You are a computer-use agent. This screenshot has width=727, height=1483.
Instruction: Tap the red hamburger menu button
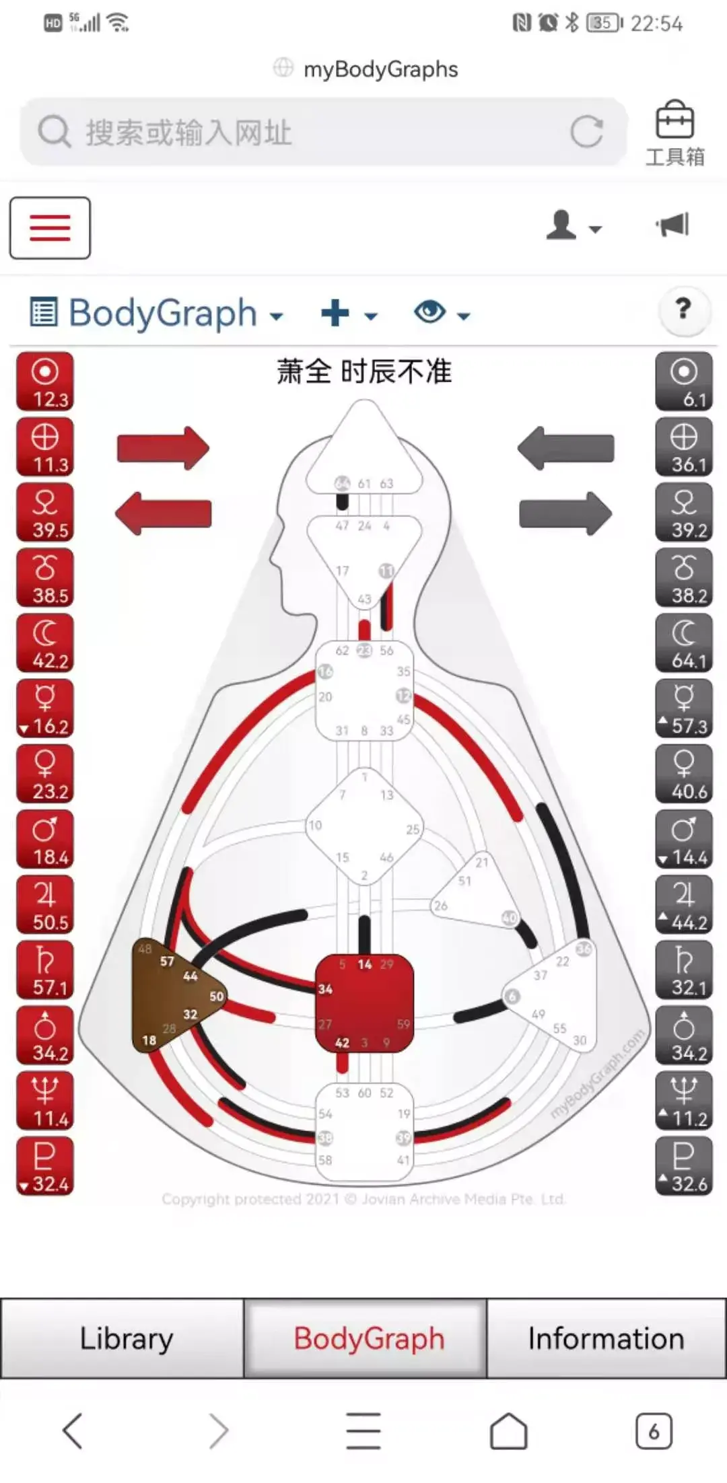pos(50,227)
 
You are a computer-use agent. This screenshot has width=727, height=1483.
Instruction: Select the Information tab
pos(606,1338)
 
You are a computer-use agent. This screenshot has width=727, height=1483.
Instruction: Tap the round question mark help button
pos(683,310)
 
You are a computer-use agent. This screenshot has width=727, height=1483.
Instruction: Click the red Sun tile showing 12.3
pos(45,382)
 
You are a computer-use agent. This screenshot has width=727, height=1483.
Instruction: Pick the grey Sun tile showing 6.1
pos(683,382)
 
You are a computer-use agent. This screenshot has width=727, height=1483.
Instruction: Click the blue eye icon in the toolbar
pos(431,312)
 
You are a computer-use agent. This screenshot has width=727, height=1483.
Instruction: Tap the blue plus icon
pos(335,313)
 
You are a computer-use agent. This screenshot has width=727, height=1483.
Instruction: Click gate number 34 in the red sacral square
pos(325,989)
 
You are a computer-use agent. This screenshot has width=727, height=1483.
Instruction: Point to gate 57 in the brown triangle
pos(167,962)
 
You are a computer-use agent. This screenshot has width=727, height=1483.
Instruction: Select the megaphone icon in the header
pos(673,225)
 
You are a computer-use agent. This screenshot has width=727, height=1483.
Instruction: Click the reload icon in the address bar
pos(586,131)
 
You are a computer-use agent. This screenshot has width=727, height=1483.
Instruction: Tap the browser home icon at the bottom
pos(508,1431)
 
